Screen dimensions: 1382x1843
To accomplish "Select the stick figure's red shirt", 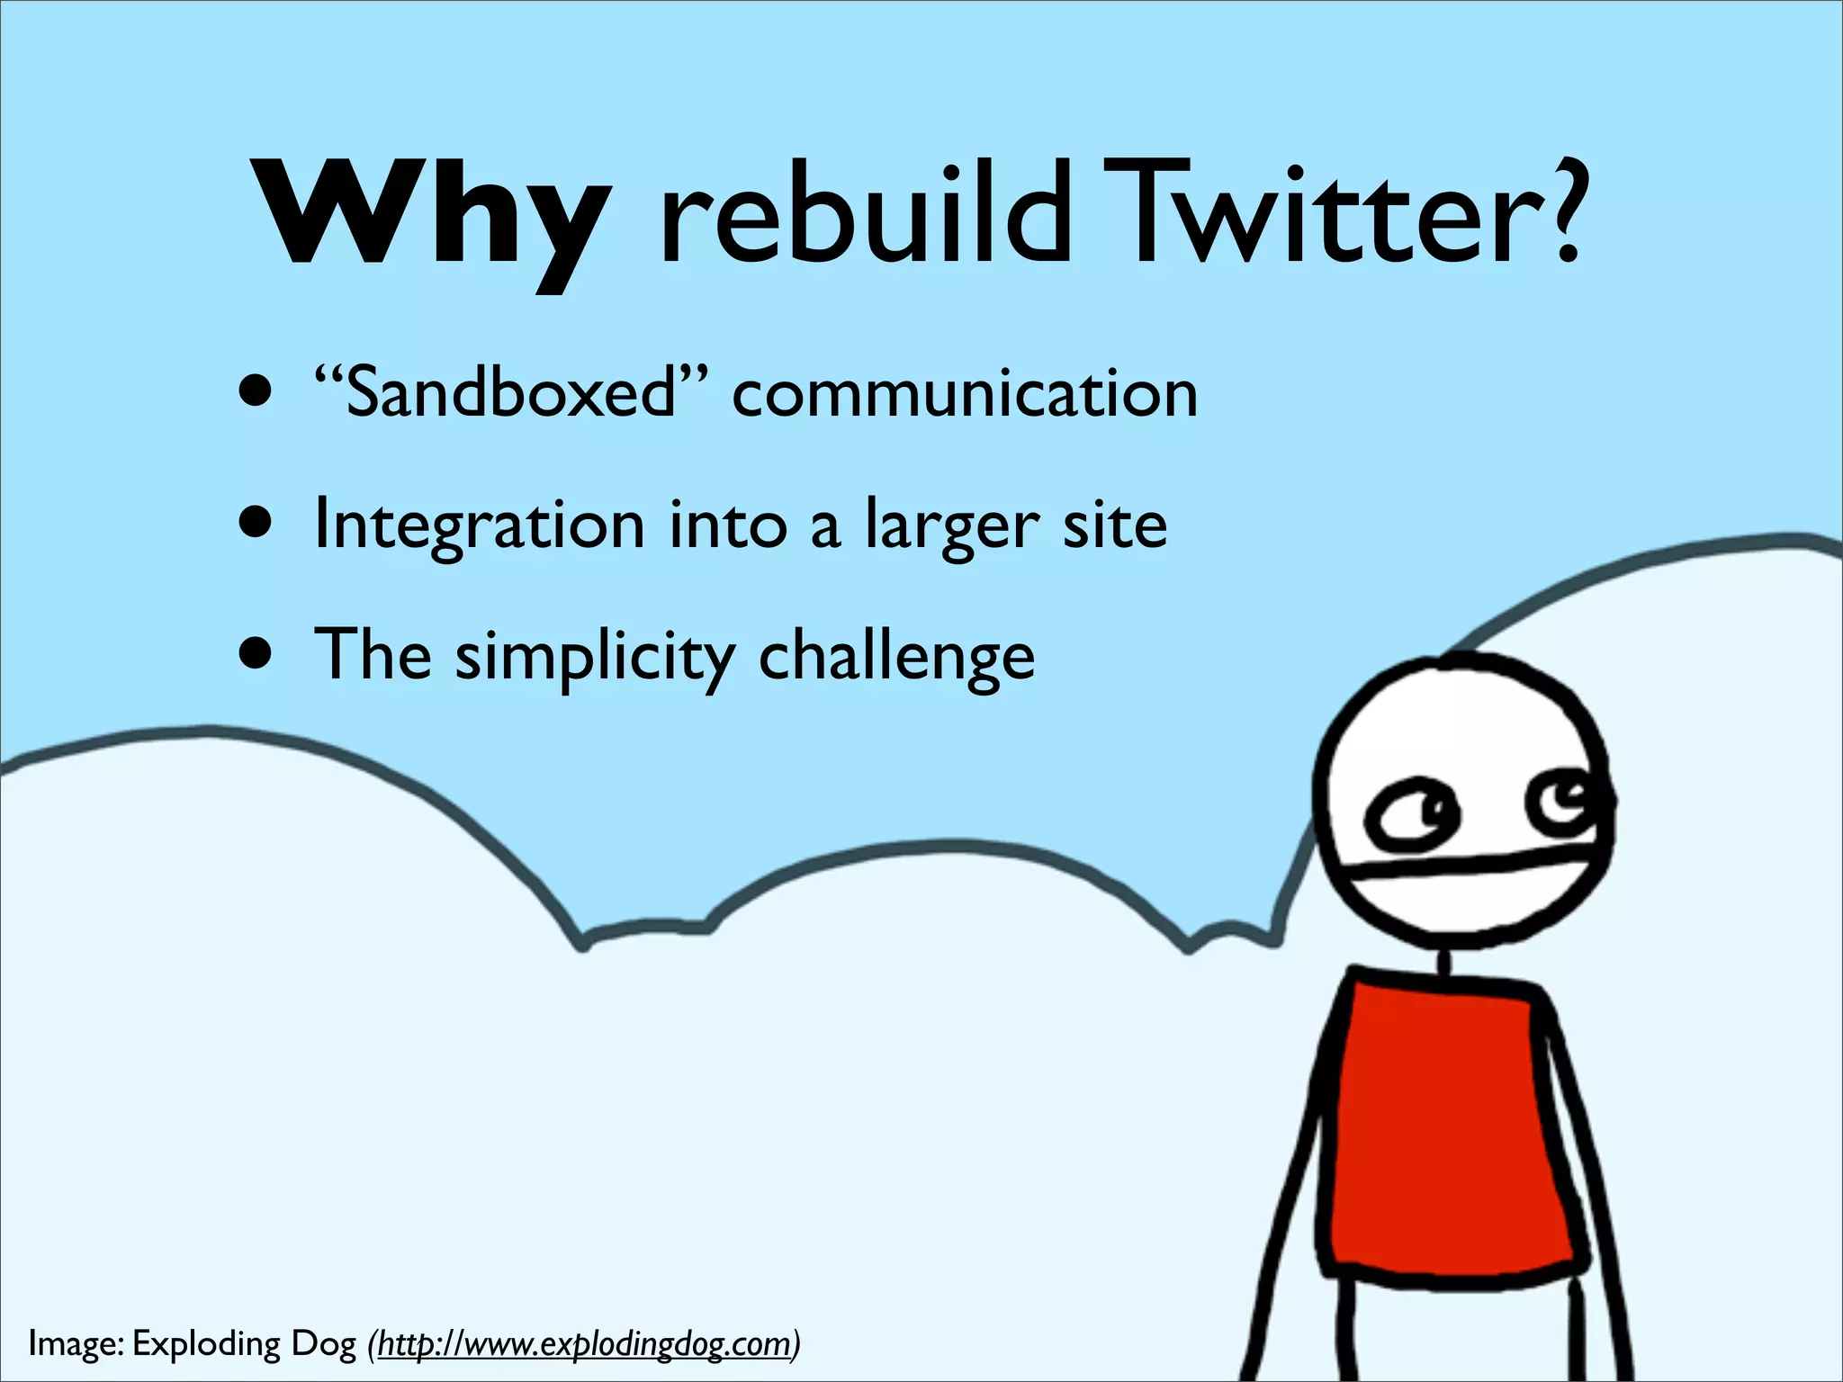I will (1449, 1125).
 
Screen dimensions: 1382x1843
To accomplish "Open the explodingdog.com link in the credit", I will (585, 1343).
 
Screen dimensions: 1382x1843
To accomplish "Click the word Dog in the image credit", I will (323, 1343).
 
